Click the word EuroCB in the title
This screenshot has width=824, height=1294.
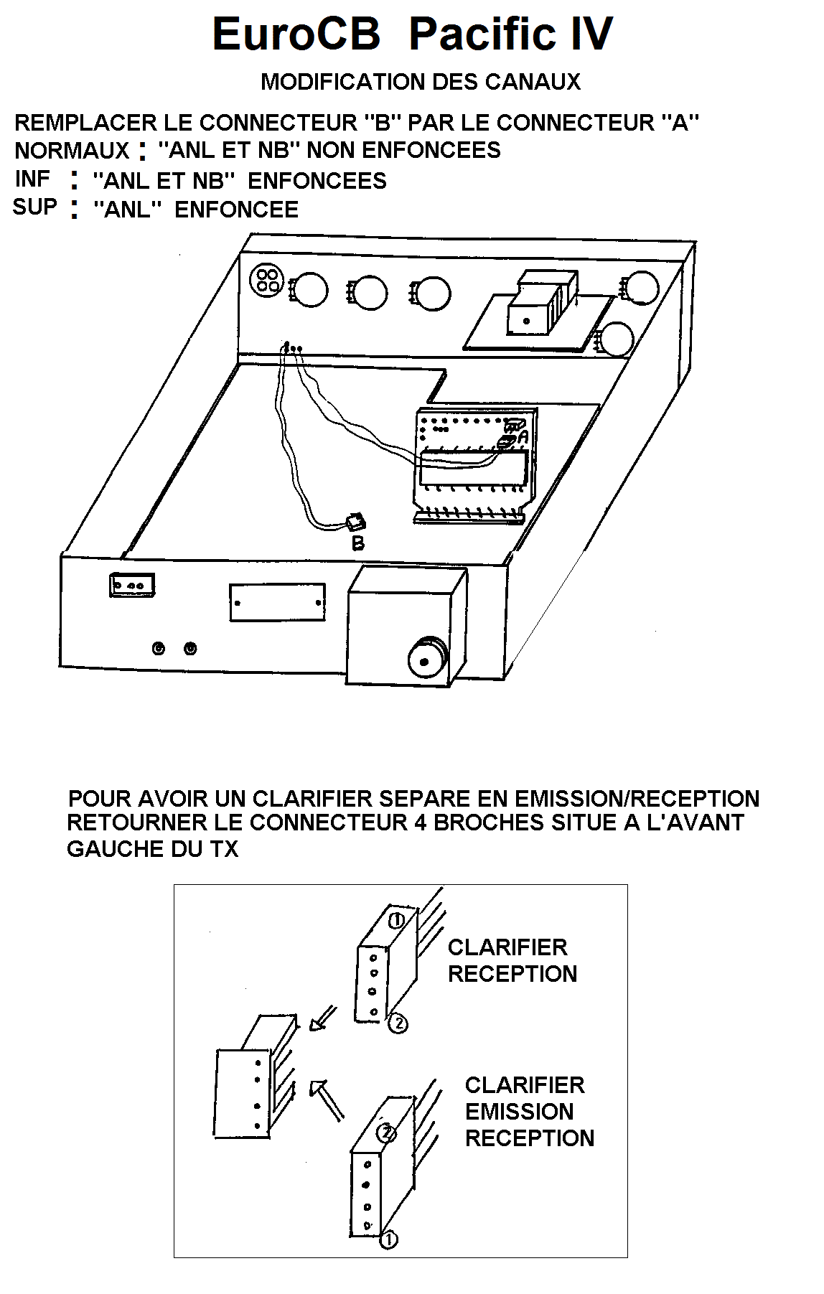(x=296, y=34)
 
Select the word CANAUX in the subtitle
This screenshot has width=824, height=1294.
(x=533, y=82)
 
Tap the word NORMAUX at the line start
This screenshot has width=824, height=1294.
(x=72, y=151)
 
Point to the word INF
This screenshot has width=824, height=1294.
(x=33, y=179)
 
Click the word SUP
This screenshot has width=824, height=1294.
(x=35, y=207)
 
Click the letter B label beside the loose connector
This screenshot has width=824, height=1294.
(x=357, y=543)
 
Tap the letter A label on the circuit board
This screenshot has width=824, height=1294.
(x=523, y=436)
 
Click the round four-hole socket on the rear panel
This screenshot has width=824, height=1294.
(x=267, y=281)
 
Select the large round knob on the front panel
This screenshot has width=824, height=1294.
(x=426, y=656)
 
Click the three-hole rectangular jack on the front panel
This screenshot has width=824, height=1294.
(x=132, y=585)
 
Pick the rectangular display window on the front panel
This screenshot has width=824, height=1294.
(x=277, y=602)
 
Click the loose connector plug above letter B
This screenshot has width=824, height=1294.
(x=355, y=522)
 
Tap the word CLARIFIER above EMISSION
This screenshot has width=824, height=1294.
(x=525, y=1084)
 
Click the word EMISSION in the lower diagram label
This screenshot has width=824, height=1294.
(x=520, y=1111)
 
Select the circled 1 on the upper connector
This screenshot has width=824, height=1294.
(x=395, y=919)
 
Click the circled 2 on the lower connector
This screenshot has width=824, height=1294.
(x=387, y=1133)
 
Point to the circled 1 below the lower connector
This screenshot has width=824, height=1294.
(x=388, y=1239)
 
